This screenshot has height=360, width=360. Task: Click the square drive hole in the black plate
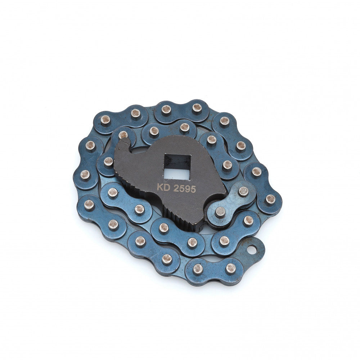177,166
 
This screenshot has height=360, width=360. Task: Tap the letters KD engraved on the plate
163,188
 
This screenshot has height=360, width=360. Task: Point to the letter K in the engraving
159,188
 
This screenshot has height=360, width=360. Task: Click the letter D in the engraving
166,188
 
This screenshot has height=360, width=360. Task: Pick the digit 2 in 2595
176,188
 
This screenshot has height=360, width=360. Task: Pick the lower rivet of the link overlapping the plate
220,212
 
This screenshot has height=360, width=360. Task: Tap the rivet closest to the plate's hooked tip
123,135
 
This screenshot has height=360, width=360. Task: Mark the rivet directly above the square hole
185,127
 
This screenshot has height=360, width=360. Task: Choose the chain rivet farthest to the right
270,198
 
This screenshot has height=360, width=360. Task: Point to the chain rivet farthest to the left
85,175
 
